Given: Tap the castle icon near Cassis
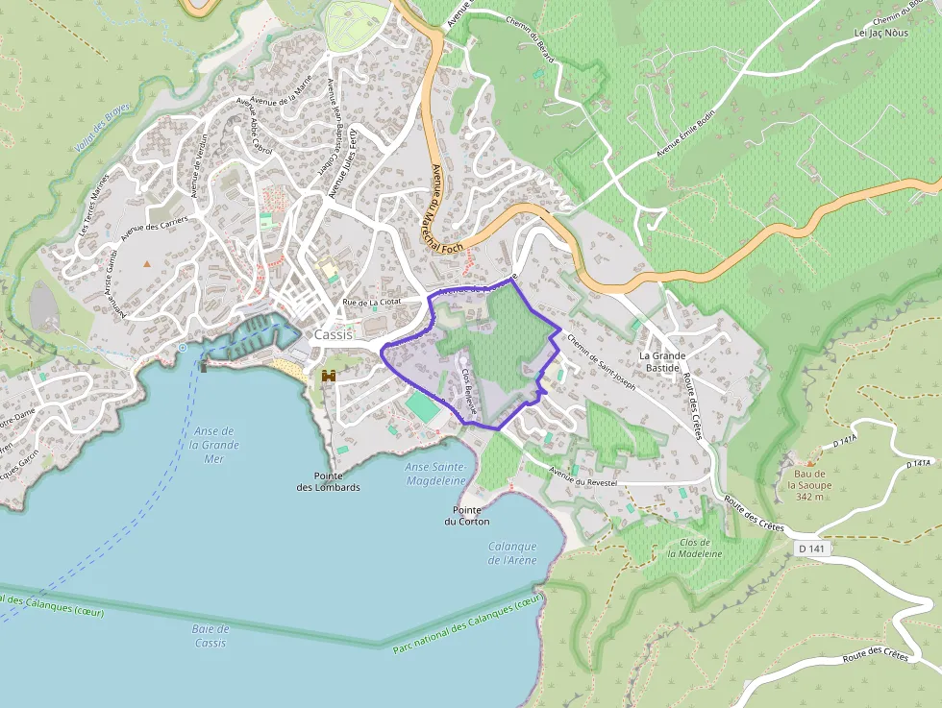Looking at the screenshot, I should (329, 376).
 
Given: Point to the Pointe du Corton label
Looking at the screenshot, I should (466, 515).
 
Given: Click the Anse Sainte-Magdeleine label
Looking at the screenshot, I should (435, 474).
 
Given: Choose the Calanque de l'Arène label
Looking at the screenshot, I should (512, 553).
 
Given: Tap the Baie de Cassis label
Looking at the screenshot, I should (210, 636).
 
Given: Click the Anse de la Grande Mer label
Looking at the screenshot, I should (214, 445).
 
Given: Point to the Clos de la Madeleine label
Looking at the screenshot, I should (694, 548).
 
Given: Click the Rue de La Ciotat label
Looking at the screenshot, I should (372, 303).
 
